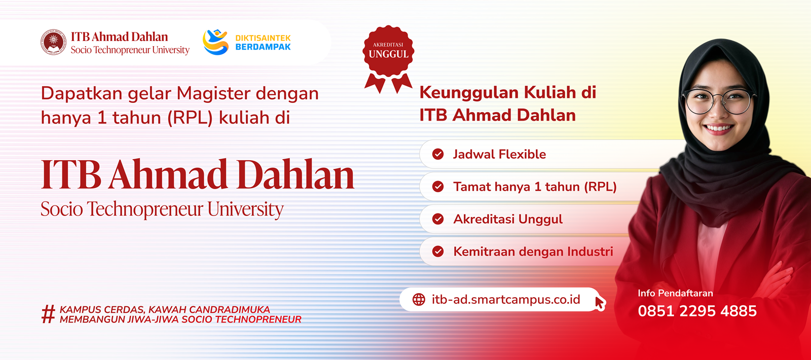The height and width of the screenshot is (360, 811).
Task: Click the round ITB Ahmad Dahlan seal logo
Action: click(53, 42)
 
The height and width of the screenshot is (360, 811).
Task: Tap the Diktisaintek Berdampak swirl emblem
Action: click(215, 42)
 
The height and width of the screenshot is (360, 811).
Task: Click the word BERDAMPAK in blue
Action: click(263, 47)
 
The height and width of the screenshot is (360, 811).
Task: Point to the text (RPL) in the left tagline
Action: click(190, 118)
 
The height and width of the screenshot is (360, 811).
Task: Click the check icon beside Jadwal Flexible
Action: click(438, 154)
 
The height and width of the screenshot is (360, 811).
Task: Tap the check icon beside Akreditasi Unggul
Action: click(438, 219)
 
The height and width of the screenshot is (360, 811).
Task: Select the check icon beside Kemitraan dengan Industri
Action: click(438, 251)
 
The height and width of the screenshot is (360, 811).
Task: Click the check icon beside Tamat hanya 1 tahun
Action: click(438, 187)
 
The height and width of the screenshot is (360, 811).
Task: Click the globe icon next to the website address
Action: click(419, 300)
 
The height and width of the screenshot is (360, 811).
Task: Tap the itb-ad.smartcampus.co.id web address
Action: click(506, 300)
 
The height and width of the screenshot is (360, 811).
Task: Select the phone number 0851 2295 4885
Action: click(697, 311)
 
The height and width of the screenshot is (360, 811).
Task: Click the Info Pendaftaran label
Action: click(675, 294)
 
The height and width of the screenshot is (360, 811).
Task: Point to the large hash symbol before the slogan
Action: click(48, 314)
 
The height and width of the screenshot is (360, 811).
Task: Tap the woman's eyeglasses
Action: click(719, 101)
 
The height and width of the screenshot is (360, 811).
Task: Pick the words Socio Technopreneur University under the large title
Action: click(162, 209)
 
